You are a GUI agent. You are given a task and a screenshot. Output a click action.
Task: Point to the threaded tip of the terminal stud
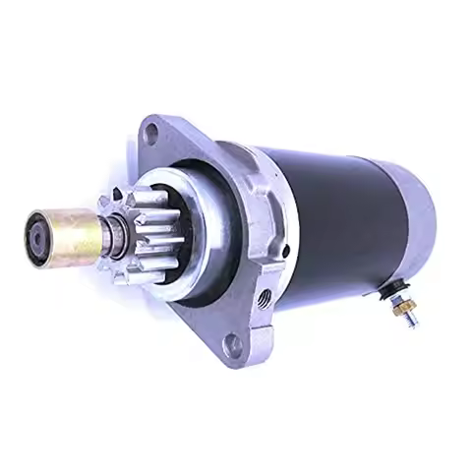click(411, 319)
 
